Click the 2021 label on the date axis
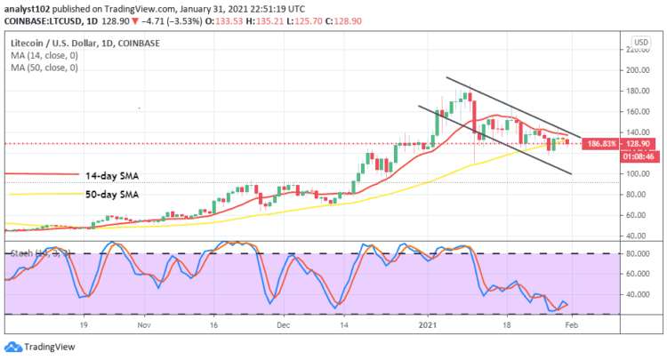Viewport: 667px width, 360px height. [430, 327]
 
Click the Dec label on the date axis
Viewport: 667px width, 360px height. [281, 327]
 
